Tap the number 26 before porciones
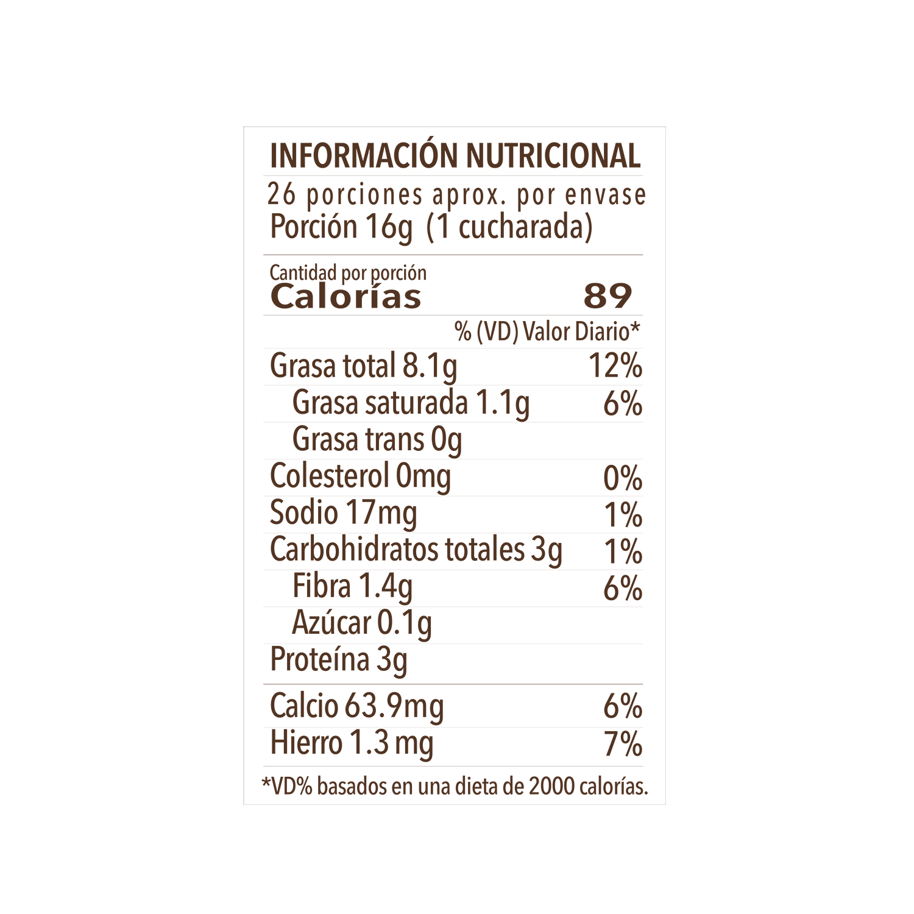coord(282,194)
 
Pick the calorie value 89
coord(608,296)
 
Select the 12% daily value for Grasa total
coord(615,366)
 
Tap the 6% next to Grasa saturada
coord(623,403)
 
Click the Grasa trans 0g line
coord(377,440)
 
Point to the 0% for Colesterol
coord(623,478)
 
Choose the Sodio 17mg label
coord(344,513)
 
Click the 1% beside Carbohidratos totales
coord(623,551)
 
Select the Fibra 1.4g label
coord(353,587)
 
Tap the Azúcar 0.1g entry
coord(363,623)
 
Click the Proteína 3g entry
coord(339,660)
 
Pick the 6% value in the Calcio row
coord(623,707)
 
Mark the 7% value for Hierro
coord(623,744)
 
